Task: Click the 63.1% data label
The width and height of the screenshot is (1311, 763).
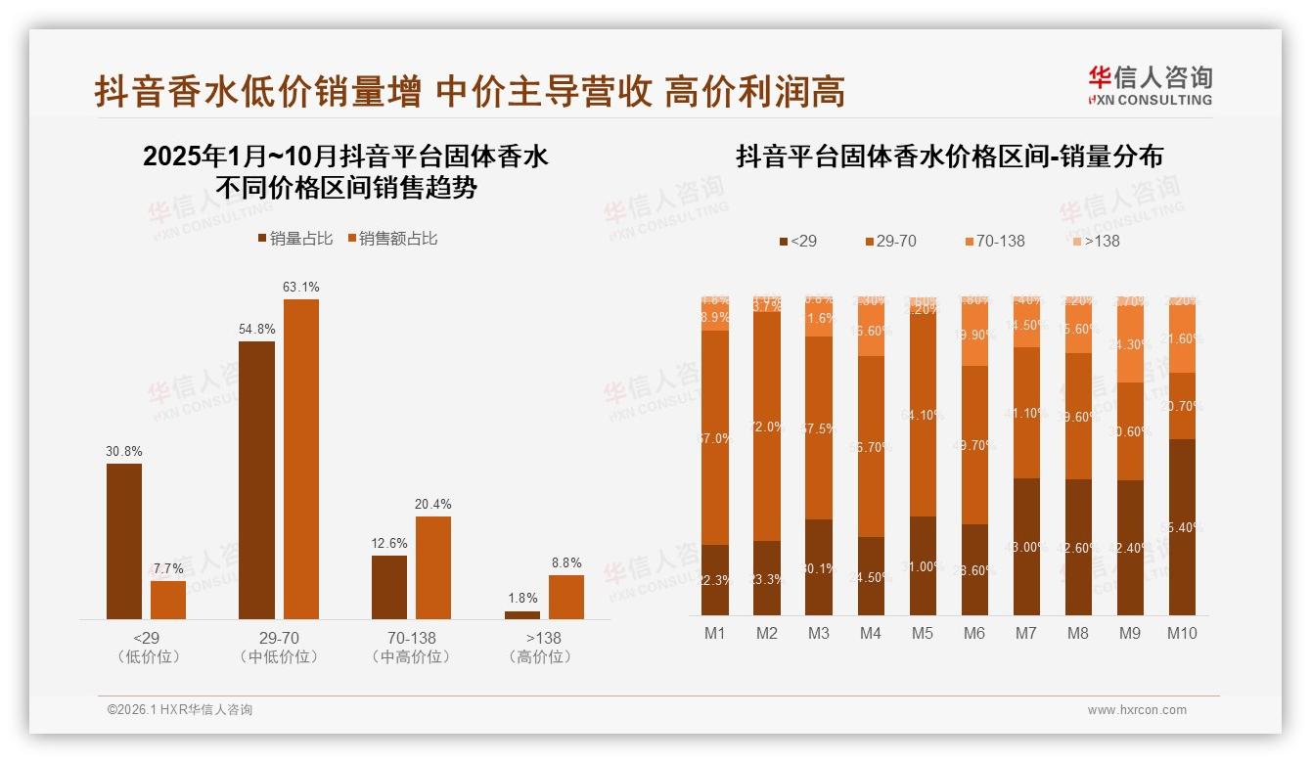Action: click(x=301, y=288)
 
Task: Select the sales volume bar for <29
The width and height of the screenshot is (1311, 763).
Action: click(x=124, y=541)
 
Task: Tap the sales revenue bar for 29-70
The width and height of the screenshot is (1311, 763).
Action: click(x=301, y=459)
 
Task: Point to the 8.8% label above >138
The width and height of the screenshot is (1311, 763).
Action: click(x=565, y=563)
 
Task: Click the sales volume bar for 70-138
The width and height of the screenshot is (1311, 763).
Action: click(x=389, y=587)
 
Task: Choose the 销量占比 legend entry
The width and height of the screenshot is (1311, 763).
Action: click(x=294, y=239)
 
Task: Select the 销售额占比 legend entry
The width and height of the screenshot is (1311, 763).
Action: click(x=392, y=239)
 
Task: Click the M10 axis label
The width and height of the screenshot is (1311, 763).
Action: click(x=1182, y=634)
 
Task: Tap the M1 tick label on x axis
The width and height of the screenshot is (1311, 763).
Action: click(x=715, y=634)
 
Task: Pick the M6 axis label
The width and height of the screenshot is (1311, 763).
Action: click(x=973, y=634)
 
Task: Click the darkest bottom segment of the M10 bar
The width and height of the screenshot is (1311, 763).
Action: click(x=1182, y=527)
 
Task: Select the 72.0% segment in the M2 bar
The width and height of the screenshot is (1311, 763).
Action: click(x=767, y=426)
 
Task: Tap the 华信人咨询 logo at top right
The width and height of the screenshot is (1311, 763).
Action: click(x=1150, y=85)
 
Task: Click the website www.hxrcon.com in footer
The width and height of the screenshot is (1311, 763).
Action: click(x=1137, y=710)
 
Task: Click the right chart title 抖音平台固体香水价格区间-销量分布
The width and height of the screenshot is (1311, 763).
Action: click(x=949, y=157)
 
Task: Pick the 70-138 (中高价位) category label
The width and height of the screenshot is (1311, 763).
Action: click(x=411, y=648)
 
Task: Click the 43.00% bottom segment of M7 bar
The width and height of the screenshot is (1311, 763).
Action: click(x=1026, y=547)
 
